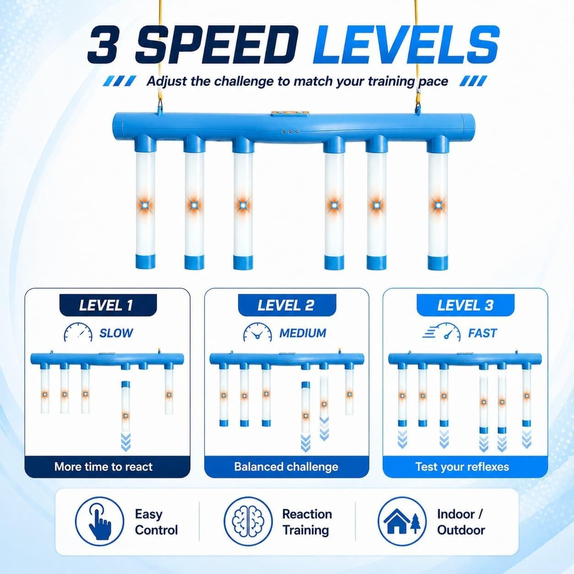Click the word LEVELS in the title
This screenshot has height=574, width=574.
point(406,45)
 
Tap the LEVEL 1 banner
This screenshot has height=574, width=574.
point(108,305)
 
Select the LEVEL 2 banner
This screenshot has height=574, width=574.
point(287,305)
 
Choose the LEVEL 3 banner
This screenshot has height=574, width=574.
point(465,305)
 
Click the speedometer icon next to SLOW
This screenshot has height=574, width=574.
point(78,332)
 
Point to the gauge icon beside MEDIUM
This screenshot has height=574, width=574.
point(257,332)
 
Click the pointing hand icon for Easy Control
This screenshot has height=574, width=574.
point(99,521)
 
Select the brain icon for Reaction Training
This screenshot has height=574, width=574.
point(248,521)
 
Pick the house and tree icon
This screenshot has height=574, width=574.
point(402,521)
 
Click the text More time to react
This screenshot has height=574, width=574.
point(103,466)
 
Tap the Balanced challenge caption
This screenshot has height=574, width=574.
point(286,467)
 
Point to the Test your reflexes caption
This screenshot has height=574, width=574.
point(462,467)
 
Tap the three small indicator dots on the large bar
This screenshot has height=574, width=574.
point(290,131)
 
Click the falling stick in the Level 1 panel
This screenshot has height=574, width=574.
point(126,406)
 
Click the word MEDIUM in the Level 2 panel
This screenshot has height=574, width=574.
point(303,333)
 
